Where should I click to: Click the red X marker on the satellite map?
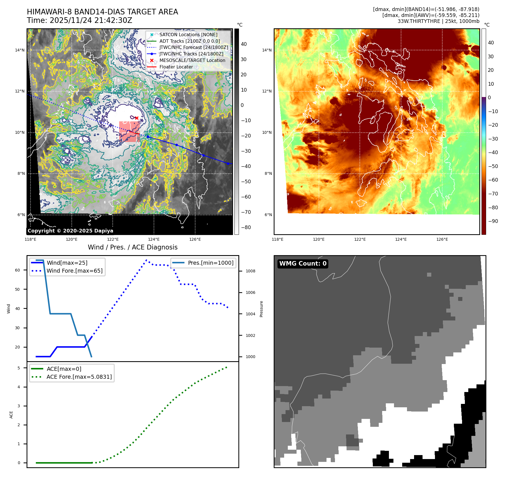click(137, 118)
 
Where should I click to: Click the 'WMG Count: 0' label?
click(303, 264)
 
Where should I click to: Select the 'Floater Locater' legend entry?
click(176, 67)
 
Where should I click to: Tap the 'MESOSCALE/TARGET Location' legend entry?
click(192, 61)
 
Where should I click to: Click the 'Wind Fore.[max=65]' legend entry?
click(75, 271)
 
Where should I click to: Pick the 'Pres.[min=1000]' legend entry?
click(211, 263)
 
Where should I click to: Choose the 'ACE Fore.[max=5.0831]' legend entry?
click(79, 377)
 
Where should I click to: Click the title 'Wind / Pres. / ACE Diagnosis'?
click(132, 247)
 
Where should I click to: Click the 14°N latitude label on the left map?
click(20, 50)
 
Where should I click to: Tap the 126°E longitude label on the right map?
click(442, 240)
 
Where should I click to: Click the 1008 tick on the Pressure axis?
click(250, 271)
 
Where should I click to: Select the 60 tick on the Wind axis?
click(18, 270)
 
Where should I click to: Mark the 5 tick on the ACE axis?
click(19, 368)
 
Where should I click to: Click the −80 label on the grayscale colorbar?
click(246, 227)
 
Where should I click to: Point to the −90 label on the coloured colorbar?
click(493, 221)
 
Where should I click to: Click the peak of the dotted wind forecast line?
click(146, 260)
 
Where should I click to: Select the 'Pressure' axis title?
click(261, 309)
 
